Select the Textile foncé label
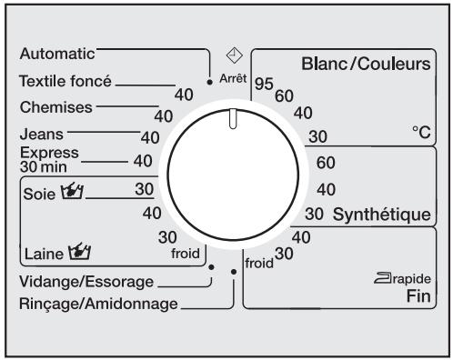click(65, 82)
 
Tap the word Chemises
click(55, 107)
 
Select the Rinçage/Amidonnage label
click(98, 303)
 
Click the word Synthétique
click(380, 215)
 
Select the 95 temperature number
click(264, 84)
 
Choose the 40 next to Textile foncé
click(185, 93)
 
